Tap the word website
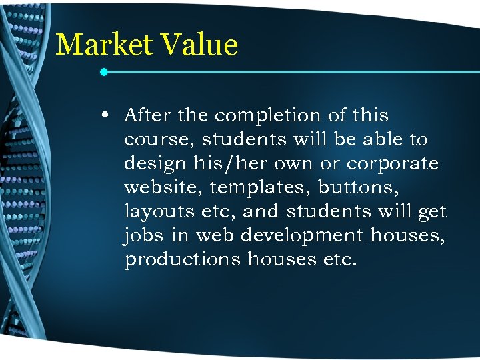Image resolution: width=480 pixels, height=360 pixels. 161,188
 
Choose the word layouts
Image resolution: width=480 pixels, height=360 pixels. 160,213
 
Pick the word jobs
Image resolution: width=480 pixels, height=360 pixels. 142,236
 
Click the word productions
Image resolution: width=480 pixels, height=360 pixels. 182,260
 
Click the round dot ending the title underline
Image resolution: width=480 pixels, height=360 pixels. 104,71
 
